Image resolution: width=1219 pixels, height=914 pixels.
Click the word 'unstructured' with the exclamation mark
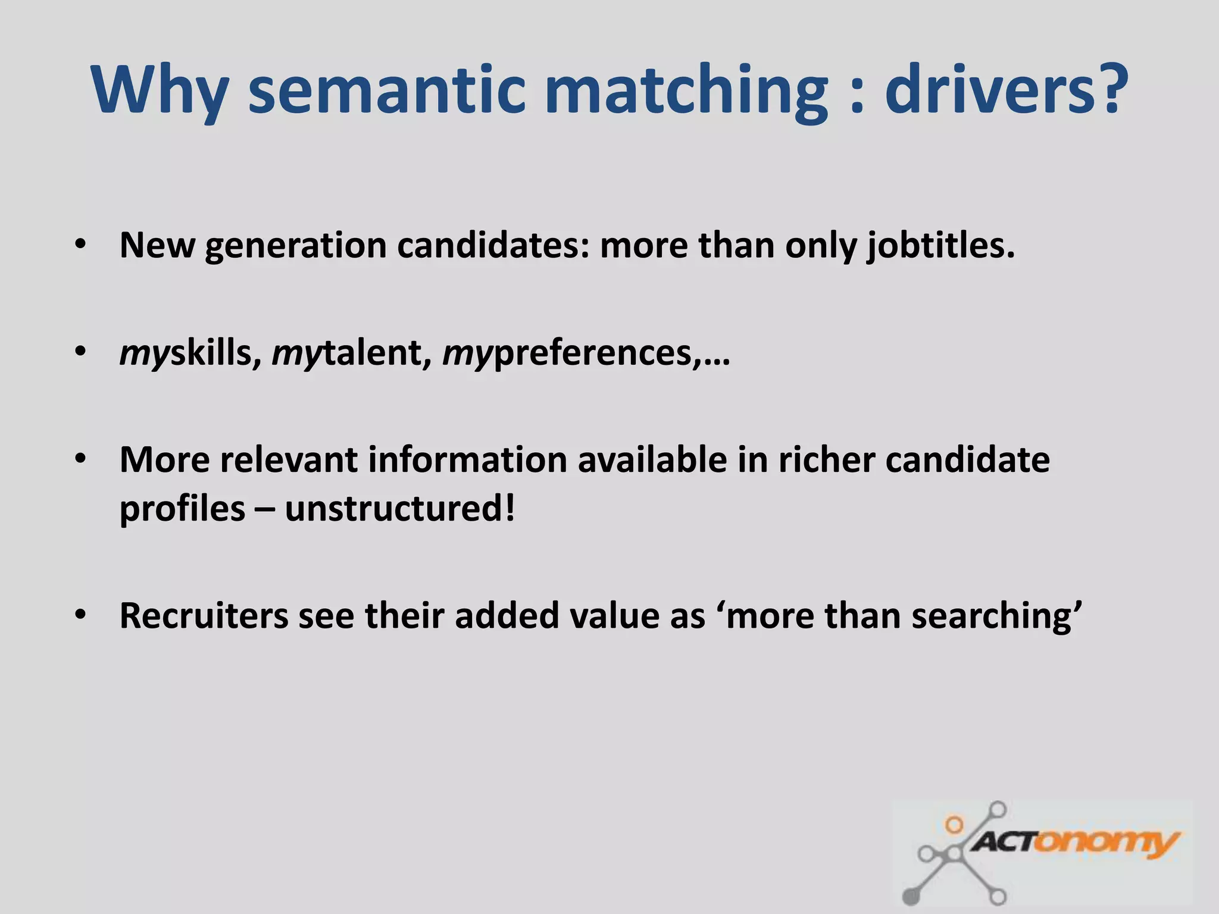point(399,509)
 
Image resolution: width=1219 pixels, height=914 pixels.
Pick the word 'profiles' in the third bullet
point(182,509)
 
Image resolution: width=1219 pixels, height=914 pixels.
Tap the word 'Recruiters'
point(204,615)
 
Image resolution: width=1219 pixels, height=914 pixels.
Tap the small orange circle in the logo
point(954,825)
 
